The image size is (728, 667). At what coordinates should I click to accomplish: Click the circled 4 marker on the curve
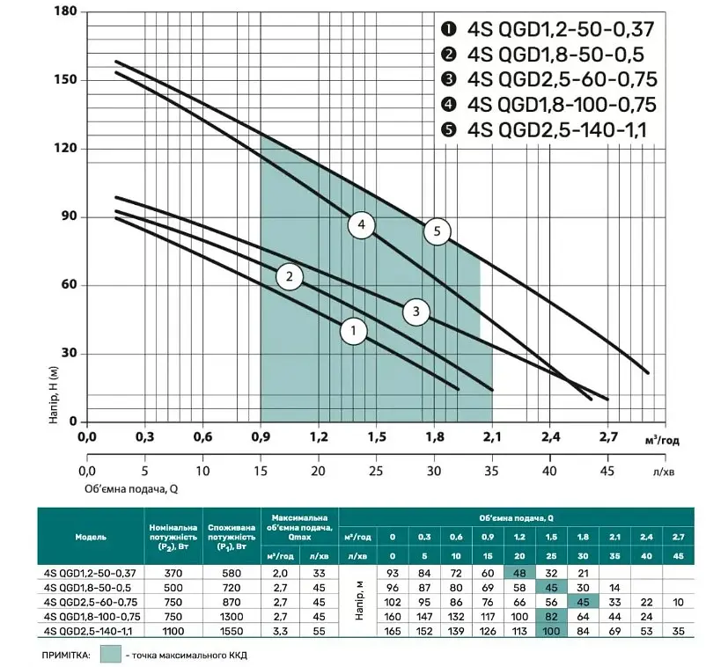coord(361,224)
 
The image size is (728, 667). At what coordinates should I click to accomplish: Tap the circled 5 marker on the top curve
coord(437,231)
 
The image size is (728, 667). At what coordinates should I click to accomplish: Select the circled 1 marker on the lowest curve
coord(354,331)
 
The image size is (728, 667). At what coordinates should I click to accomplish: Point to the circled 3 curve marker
coord(416,311)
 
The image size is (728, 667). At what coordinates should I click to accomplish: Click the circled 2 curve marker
coord(290,276)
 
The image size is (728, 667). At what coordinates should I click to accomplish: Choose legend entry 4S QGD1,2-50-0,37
coord(548,29)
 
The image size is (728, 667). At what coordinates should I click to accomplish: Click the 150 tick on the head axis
coord(65,79)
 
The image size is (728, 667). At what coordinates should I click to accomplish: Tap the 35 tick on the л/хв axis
coord(492,471)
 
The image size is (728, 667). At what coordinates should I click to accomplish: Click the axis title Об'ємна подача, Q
coord(131,488)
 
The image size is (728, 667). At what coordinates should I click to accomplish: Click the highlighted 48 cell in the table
coord(519,573)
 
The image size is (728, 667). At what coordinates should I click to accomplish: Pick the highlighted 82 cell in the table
coord(551,617)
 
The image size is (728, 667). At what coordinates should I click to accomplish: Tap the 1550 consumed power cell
coord(232,631)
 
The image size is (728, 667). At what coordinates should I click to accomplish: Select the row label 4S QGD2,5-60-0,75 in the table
coord(90,602)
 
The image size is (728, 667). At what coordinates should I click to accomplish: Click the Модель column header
coord(91,537)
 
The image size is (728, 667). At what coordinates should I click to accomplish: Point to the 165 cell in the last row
coord(393,631)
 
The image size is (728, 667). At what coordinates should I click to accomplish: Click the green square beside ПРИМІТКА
coord(111,655)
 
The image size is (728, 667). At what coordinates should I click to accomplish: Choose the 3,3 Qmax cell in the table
coord(280,631)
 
